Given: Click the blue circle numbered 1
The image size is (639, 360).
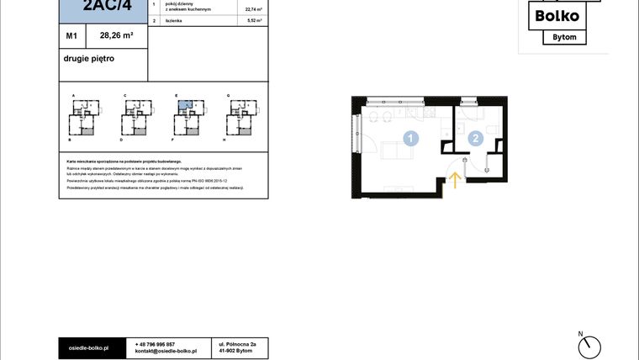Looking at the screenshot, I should tap(411, 139).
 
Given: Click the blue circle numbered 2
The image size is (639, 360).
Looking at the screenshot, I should tap(476, 139).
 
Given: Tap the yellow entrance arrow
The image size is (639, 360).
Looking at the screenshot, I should tap(454, 179).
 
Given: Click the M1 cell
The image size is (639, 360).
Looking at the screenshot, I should tap(72, 36).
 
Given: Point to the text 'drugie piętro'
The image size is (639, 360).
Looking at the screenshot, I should tap(88, 59).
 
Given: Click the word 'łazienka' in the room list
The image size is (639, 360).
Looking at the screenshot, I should tap(175, 19).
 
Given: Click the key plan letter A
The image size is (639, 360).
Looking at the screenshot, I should tap(74, 97).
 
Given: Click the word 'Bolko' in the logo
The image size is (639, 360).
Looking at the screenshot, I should tap(553, 15).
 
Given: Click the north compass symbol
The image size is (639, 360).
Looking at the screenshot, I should tap(591, 345).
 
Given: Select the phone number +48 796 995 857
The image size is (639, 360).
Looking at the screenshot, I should tap(155, 344).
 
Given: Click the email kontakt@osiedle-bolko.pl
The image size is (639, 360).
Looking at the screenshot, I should tap(166, 351).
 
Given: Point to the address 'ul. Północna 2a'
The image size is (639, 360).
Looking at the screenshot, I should tap(237, 344).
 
